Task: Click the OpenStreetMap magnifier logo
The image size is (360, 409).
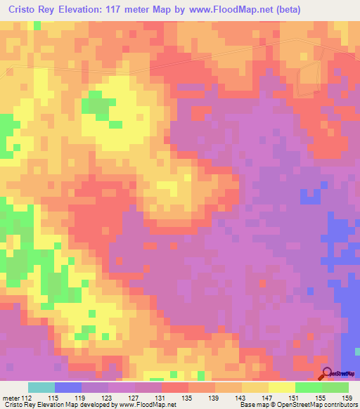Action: point(328,375)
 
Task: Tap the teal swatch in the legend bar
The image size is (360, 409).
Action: point(41,388)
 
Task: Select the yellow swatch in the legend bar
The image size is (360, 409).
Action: point(281,388)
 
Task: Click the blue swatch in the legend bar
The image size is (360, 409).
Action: point(67,388)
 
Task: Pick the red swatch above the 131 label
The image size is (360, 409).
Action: point(174,388)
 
